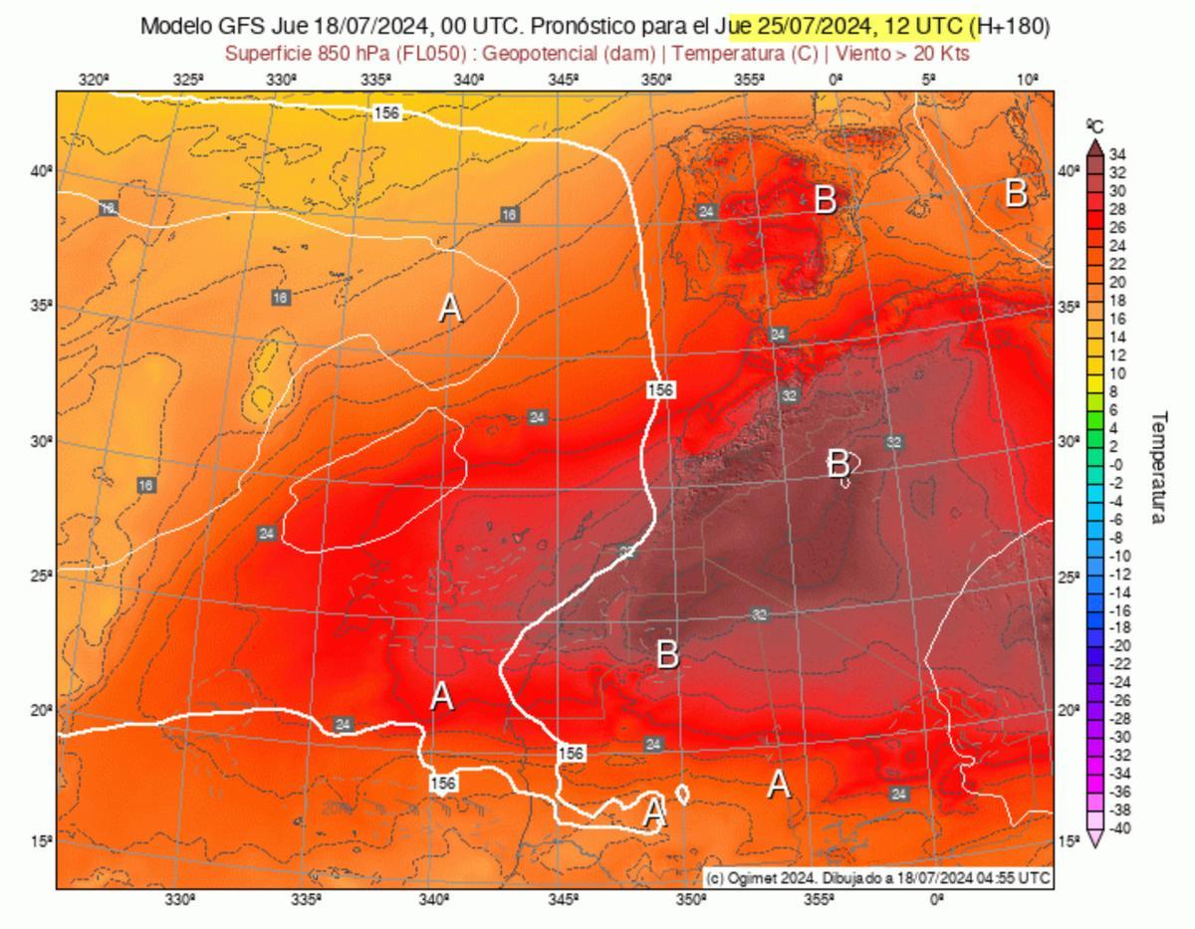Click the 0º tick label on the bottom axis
point(937,900)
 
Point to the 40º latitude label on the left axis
point(40,171)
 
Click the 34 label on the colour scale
point(1118,153)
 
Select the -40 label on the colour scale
point(1119,828)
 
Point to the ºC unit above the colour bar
point(1095,125)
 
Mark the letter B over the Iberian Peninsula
point(825,199)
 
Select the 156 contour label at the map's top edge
point(386,113)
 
